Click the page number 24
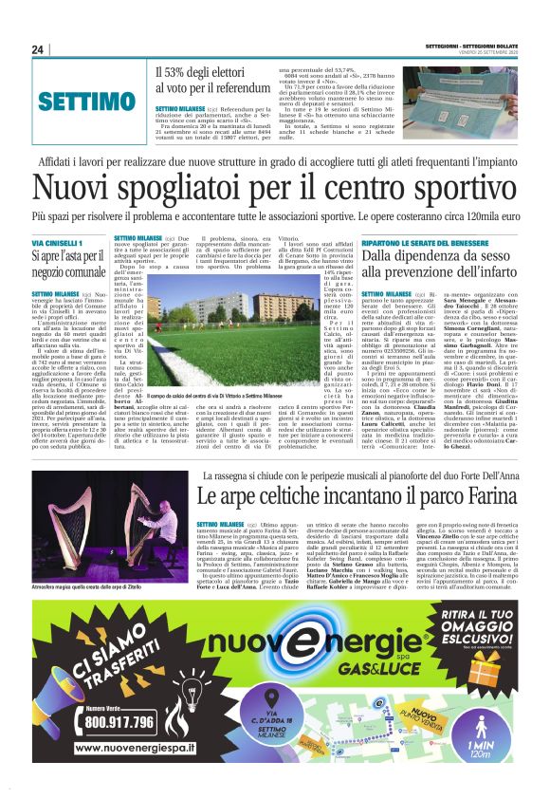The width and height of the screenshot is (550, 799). [38, 49]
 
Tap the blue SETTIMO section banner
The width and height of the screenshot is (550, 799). [86, 101]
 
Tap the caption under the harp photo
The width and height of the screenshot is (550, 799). [96, 587]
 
